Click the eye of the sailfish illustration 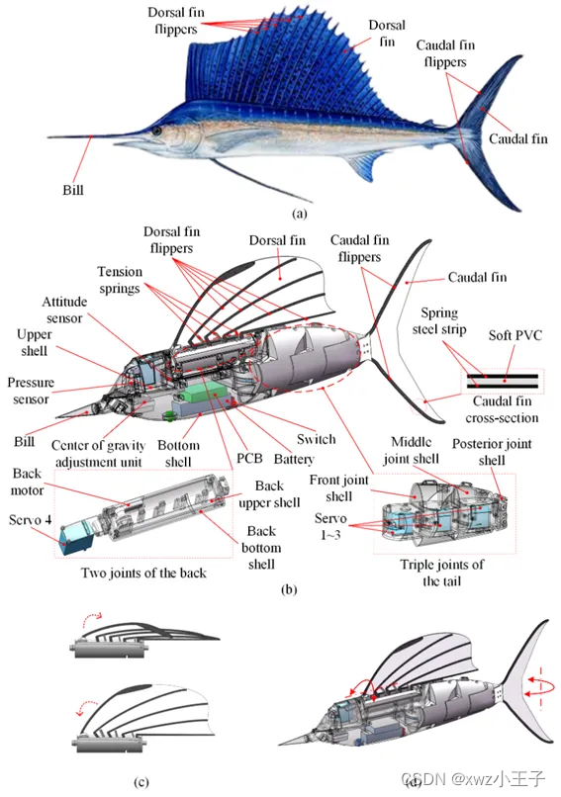tap(156, 130)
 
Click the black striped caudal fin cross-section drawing tap(503, 380)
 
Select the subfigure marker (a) tap(301, 214)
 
